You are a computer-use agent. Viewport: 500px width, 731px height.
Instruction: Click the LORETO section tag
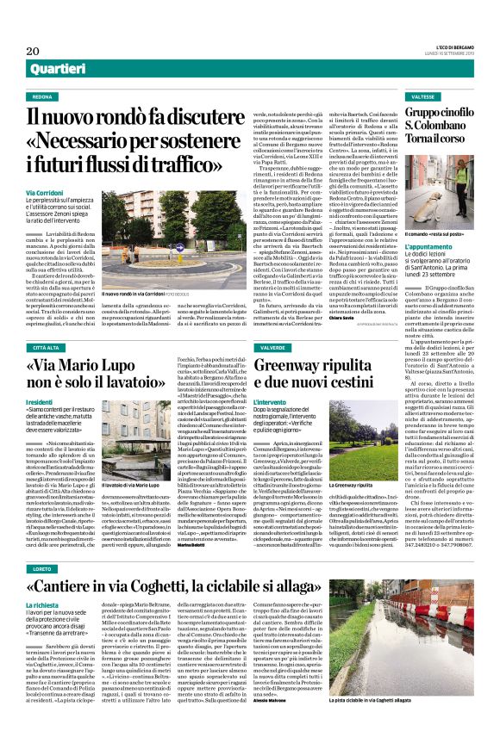pos(43,545)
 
